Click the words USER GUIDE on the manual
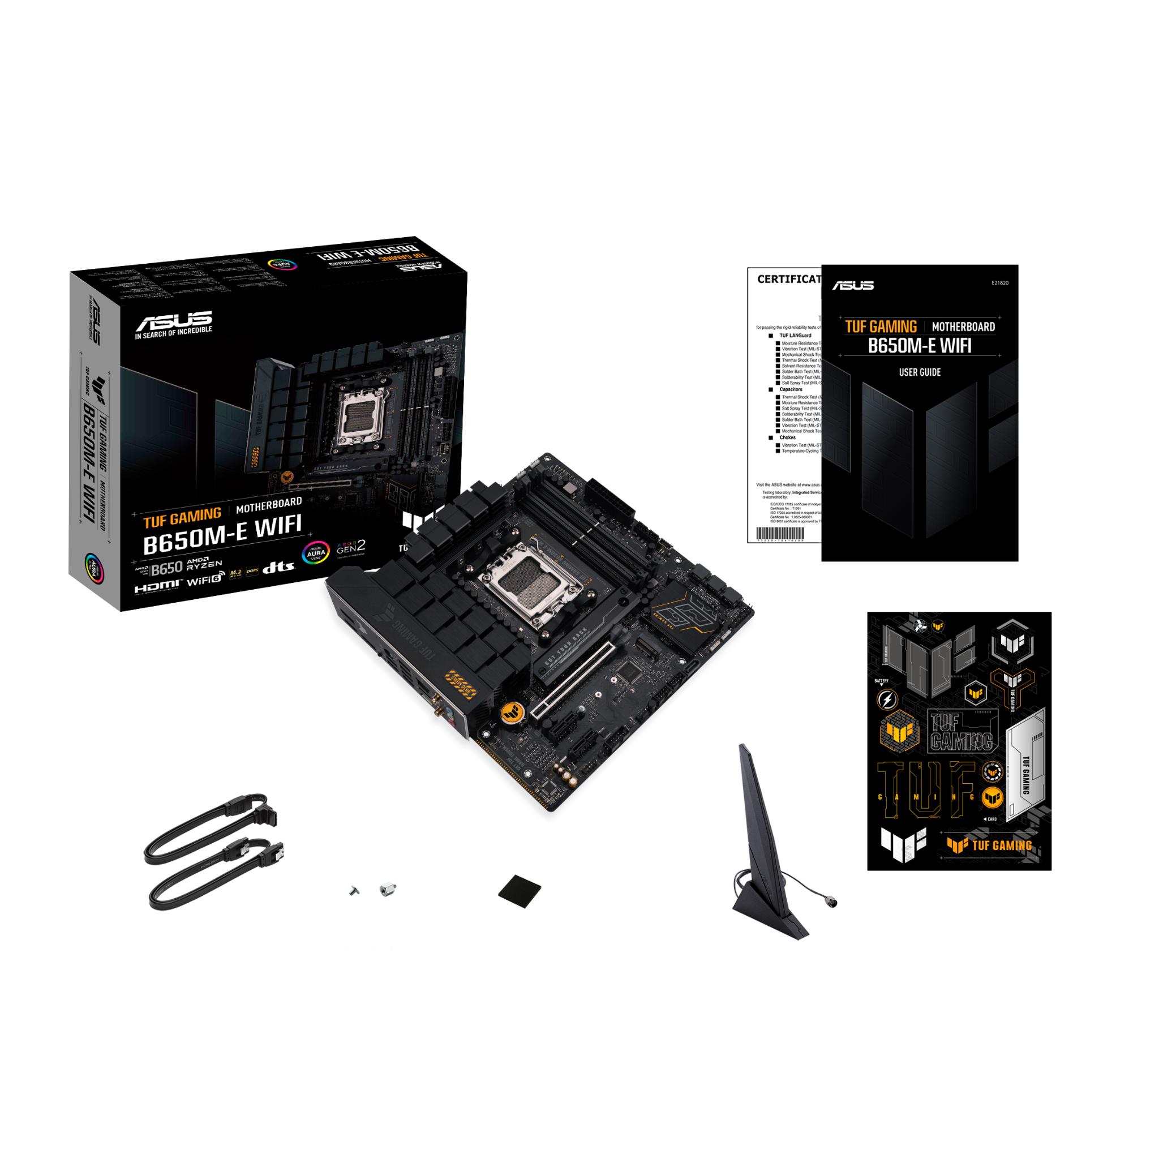click(920, 372)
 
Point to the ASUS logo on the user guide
click(852, 285)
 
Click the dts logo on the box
click(279, 566)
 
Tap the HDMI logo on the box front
click(157, 586)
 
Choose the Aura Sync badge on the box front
click(316, 552)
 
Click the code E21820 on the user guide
click(1000, 283)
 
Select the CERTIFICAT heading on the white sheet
click(788, 280)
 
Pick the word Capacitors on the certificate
click(791, 389)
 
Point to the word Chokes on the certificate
click(788, 437)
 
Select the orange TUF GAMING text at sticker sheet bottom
click(1002, 846)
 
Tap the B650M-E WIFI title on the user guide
click(920, 346)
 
